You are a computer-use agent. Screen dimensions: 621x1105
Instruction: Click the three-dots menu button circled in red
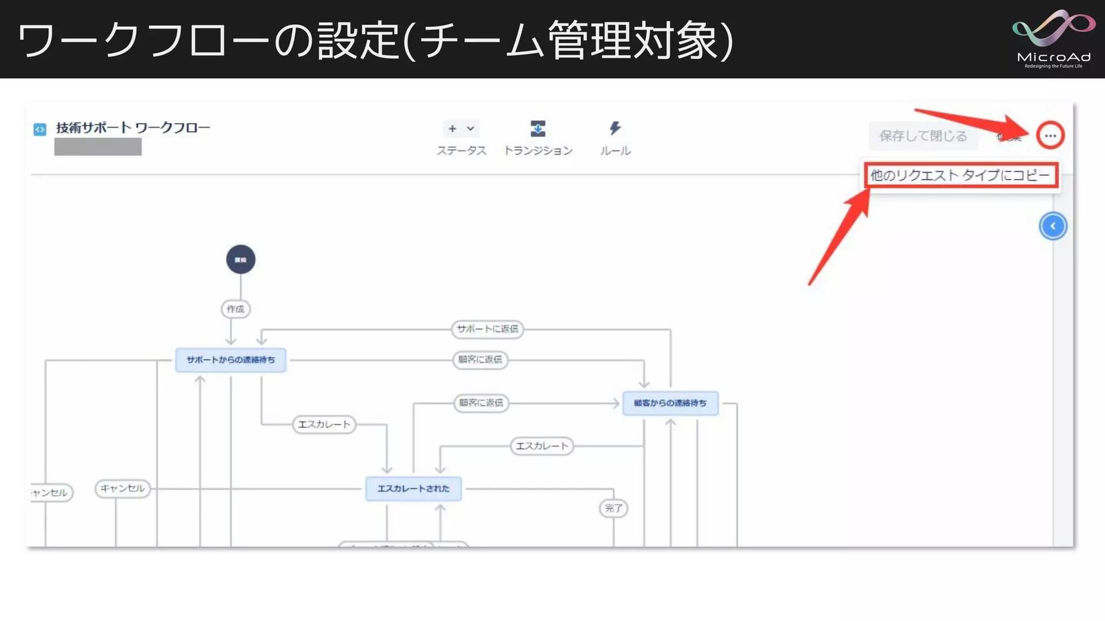[1050, 136]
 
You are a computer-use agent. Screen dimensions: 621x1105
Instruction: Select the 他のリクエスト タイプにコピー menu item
[960, 175]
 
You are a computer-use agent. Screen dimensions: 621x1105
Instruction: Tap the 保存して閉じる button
[923, 136]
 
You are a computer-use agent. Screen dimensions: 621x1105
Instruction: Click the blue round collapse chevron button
[1053, 226]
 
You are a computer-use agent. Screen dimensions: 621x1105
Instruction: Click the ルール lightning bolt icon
[615, 128]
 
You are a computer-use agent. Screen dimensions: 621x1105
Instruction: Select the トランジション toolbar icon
[538, 129]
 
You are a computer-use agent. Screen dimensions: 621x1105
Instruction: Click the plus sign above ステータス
[452, 129]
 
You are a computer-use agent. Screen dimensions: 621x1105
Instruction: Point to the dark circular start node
[241, 260]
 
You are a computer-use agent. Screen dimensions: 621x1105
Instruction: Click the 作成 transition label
[235, 309]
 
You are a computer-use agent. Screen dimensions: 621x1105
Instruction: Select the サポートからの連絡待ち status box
[230, 360]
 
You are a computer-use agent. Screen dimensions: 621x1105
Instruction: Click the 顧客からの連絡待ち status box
[670, 403]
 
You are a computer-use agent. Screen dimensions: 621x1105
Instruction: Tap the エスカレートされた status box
[413, 489]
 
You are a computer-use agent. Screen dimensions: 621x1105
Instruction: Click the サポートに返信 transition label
[487, 329]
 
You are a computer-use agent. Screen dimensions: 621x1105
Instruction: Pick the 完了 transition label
[614, 508]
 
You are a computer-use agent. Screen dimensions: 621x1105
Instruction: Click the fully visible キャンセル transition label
[122, 489]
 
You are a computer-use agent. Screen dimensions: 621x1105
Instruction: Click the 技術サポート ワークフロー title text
[133, 128]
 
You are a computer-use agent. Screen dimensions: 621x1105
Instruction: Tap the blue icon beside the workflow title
[40, 129]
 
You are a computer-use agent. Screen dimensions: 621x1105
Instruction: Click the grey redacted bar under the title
[98, 147]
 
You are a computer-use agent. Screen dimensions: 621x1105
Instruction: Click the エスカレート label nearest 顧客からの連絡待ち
[542, 446]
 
